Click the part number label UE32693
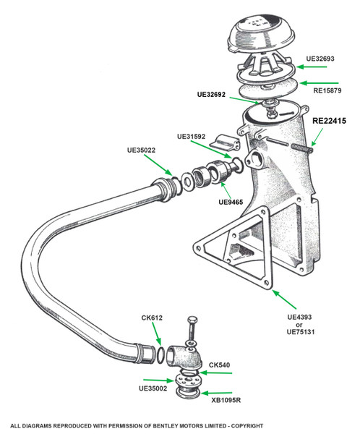tap(320, 59)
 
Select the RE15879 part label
tap(327, 90)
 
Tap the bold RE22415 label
tap(330, 121)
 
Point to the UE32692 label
tap(211, 94)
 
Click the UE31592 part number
tap(192, 137)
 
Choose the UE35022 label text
tap(141, 150)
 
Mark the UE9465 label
tap(231, 202)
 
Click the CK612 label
tap(152, 318)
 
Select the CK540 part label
tap(220, 365)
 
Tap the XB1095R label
tap(226, 400)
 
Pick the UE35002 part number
tap(153, 388)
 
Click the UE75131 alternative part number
tap(301, 331)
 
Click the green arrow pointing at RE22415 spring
tap(317, 137)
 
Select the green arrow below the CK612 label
tap(157, 334)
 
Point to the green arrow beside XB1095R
tap(216, 393)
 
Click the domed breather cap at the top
tap(261, 35)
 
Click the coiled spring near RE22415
tap(302, 148)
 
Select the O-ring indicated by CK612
tap(161, 355)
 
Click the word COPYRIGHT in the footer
tap(247, 426)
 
